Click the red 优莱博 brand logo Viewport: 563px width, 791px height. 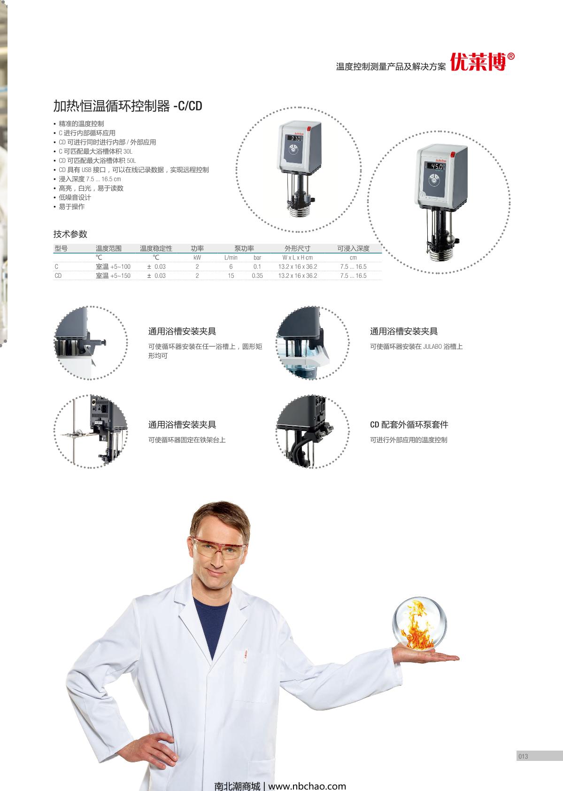click(482, 62)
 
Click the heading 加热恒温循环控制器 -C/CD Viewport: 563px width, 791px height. click(128, 106)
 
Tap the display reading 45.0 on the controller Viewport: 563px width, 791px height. click(436, 166)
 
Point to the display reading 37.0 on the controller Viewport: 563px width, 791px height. click(296, 139)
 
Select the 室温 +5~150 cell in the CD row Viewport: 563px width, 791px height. click(113, 276)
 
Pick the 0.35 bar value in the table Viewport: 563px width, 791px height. click(257, 276)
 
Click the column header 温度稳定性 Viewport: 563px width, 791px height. click(156, 249)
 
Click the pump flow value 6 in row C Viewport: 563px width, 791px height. click(231, 266)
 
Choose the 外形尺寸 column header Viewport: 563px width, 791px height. click(297, 249)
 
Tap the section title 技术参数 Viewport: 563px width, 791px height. click(70, 234)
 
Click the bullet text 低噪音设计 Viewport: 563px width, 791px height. click(75, 197)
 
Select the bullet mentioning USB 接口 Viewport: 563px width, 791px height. click(134, 170)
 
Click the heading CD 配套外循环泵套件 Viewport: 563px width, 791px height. click(409, 424)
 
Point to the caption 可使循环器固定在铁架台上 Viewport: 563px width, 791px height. click(186, 440)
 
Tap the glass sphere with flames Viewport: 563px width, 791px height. click(419, 624)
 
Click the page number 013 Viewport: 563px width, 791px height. click(523, 756)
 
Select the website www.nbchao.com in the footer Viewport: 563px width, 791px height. click(307, 786)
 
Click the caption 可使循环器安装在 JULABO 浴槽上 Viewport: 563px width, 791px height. click(416, 347)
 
